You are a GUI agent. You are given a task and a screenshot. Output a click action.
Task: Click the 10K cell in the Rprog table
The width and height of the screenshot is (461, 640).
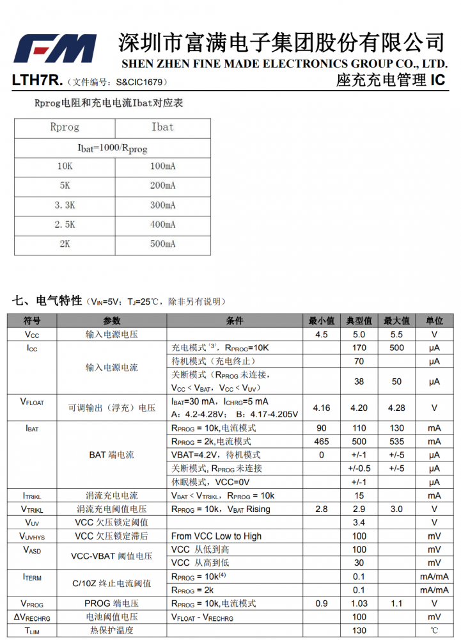65,166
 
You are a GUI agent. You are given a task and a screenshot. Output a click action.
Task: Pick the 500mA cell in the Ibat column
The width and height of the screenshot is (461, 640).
162,244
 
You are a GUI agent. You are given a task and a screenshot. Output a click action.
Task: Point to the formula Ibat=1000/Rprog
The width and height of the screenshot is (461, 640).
113,148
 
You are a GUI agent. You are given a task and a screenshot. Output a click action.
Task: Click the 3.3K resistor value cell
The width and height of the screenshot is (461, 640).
65,205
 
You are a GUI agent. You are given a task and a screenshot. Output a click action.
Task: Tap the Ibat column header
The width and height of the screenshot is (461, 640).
162,127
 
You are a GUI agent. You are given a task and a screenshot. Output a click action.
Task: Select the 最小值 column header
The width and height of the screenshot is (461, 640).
322,321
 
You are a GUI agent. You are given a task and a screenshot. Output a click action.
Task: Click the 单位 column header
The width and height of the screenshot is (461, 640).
434,321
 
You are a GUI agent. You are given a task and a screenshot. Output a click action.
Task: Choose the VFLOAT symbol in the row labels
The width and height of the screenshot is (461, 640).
32,402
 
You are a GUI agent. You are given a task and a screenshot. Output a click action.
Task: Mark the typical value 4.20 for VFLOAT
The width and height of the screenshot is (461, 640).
359,408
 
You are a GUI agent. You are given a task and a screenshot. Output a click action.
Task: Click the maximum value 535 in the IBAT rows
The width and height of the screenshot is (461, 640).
396,442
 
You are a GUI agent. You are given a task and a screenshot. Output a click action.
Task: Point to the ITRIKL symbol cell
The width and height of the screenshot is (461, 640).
32,496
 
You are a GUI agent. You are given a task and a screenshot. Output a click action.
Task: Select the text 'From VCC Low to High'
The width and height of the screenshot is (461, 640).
216,536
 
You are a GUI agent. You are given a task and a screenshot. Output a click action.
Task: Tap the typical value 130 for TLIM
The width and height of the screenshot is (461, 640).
359,630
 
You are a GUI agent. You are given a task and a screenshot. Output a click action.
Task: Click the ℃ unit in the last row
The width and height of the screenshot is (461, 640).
434,630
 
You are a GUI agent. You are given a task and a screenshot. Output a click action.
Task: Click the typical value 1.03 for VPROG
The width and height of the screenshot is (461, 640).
359,604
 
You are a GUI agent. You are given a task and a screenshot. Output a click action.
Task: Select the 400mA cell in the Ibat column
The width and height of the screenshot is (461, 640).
162,225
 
